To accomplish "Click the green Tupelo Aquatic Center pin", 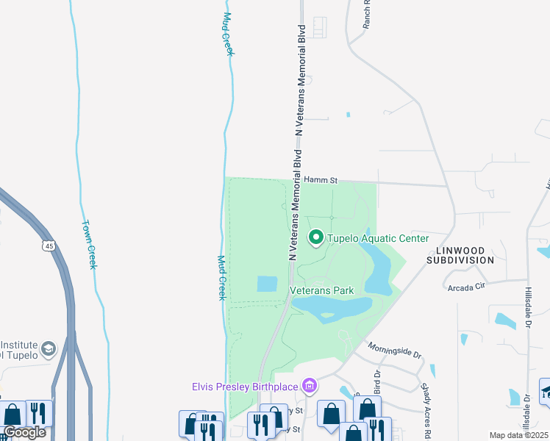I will pyautogui.click(x=317, y=237).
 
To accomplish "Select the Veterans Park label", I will pyautogui.click(x=322, y=290).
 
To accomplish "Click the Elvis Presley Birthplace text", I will pyautogui.click(x=245, y=386).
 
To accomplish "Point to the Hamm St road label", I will pyautogui.click(x=320, y=179).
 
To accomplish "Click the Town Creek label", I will pyautogui.click(x=89, y=245).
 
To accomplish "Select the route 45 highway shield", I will pyautogui.click(x=48, y=245).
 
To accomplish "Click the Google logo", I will pyautogui.click(x=24, y=432).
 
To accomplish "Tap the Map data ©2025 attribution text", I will pyautogui.click(x=518, y=435).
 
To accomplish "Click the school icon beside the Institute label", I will pyautogui.click(x=49, y=348).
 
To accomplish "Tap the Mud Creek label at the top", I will pyautogui.click(x=227, y=33).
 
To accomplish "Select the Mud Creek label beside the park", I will pyautogui.click(x=221, y=277).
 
